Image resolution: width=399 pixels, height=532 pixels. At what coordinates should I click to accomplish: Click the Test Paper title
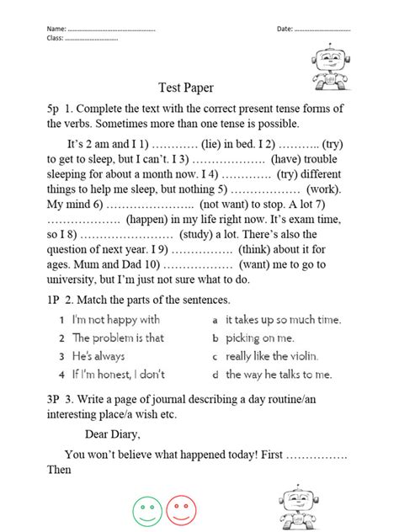point(186,87)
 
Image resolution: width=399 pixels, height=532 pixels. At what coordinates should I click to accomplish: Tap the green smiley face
point(146,509)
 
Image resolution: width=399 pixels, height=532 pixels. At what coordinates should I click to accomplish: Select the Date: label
point(285,29)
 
